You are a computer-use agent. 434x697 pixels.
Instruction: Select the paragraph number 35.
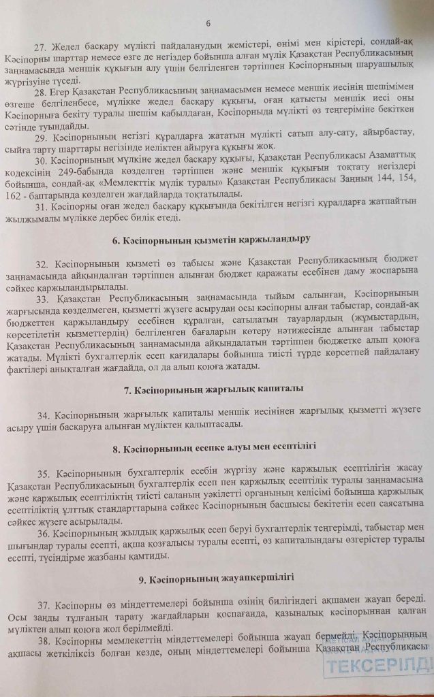[40, 470]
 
